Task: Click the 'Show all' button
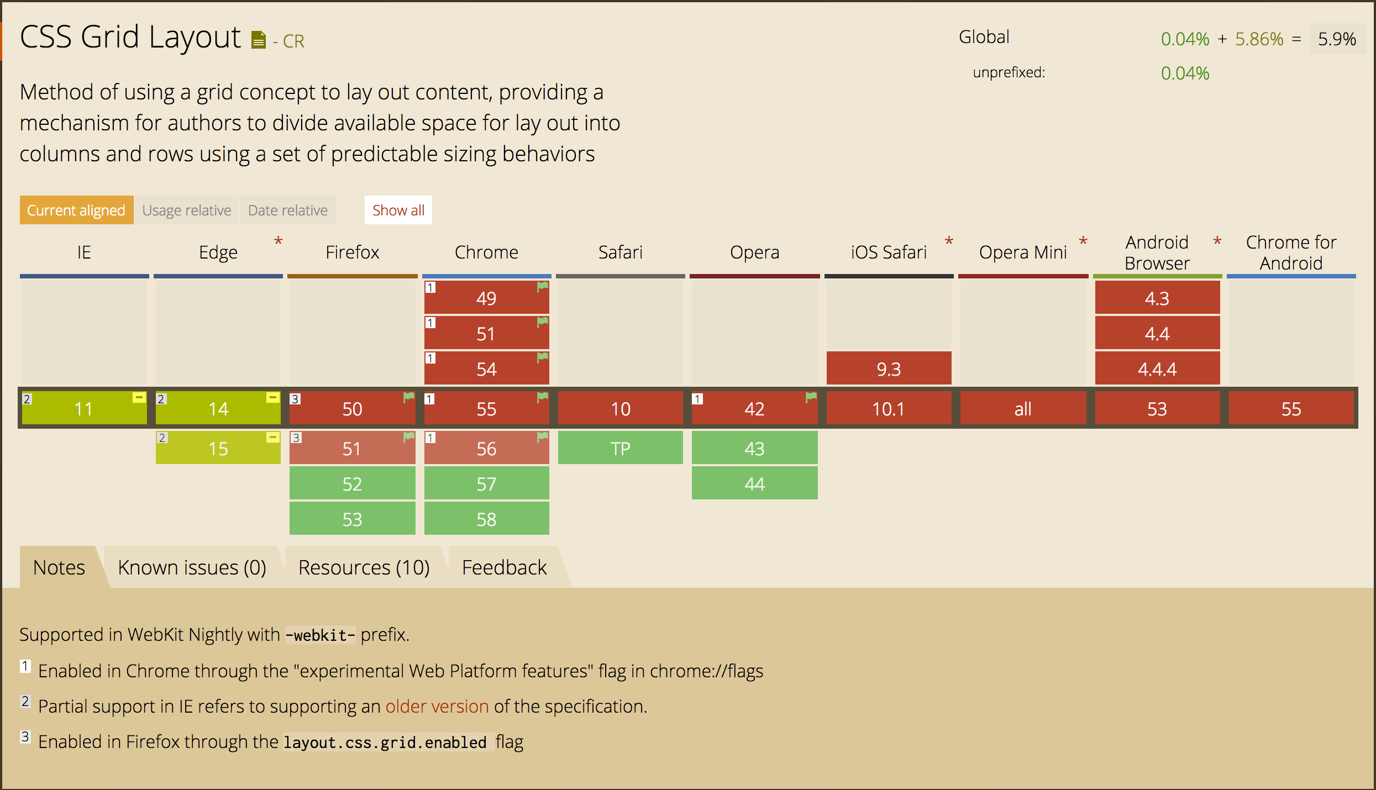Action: click(x=398, y=210)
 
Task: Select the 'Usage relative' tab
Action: click(x=186, y=210)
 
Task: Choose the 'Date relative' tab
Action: click(x=287, y=210)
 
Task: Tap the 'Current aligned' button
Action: click(x=76, y=210)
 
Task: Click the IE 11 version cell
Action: click(x=84, y=409)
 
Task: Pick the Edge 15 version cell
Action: click(x=218, y=448)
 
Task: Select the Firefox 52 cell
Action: click(x=352, y=483)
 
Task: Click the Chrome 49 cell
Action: click(x=486, y=298)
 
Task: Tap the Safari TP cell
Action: click(x=620, y=448)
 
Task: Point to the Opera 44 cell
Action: click(x=754, y=483)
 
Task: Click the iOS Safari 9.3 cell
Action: click(x=889, y=368)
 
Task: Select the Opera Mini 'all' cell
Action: click(x=1023, y=409)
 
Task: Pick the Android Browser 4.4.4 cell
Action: click(x=1157, y=368)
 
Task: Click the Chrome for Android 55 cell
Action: click(x=1291, y=409)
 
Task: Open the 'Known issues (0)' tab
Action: click(x=192, y=567)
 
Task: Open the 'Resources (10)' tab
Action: click(x=364, y=567)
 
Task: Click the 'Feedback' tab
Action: click(x=504, y=567)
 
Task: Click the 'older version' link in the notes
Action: click(x=437, y=706)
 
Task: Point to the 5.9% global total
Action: click(x=1337, y=39)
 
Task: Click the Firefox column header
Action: click(x=352, y=252)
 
